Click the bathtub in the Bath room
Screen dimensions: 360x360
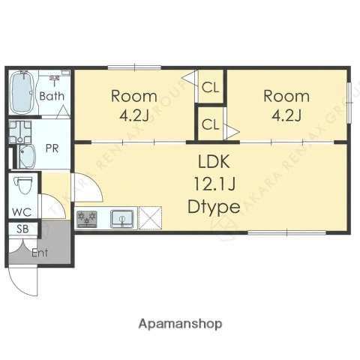click(22, 92)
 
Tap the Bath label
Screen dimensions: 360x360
click(52, 96)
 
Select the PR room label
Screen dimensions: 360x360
click(52, 148)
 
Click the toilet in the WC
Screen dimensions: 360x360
click(24, 185)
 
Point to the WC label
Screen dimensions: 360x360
click(22, 212)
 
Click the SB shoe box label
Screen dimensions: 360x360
click(22, 229)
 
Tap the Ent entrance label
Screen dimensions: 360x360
click(40, 253)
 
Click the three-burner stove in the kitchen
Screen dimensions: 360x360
click(87, 219)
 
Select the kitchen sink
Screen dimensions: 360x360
click(122, 219)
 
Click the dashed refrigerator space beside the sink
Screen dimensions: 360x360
click(150, 217)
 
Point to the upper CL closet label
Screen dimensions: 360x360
click(211, 88)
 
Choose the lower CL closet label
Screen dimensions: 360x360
click(211, 124)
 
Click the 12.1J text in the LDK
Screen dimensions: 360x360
click(214, 184)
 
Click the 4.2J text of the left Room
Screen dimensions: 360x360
click(134, 115)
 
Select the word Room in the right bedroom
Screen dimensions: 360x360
click(286, 96)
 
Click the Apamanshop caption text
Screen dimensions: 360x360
click(180, 324)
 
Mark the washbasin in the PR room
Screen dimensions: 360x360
click(27, 157)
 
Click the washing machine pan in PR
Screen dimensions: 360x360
click(20, 132)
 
